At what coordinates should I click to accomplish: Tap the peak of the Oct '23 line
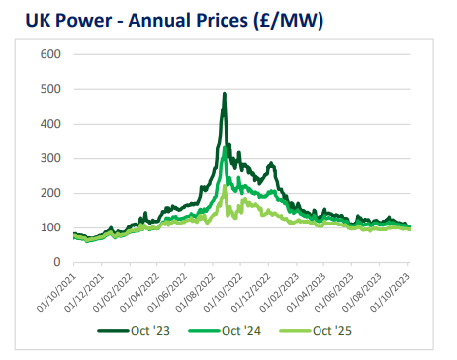[x=224, y=94]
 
